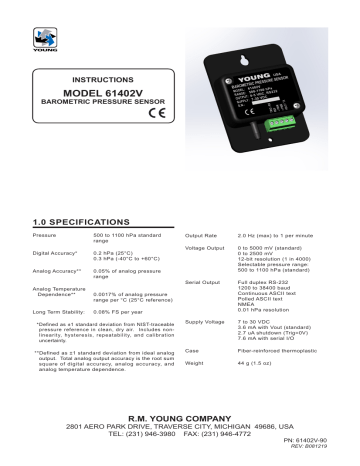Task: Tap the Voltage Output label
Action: (206, 219)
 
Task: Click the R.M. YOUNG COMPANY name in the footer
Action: (179, 413)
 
